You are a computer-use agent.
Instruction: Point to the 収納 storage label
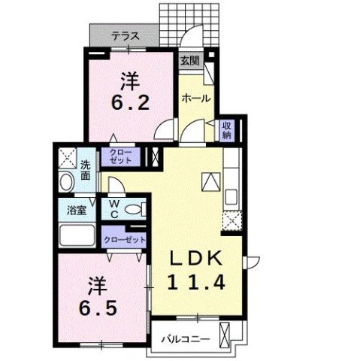(227, 130)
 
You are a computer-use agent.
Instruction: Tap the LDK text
(195, 257)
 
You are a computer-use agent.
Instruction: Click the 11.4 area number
(195, 283)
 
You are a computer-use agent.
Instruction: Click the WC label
(112, 208)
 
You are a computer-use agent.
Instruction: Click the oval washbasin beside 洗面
(65, 183)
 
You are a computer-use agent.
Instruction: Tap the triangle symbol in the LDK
(210, 181)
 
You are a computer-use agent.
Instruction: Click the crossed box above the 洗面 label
(66, 157)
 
